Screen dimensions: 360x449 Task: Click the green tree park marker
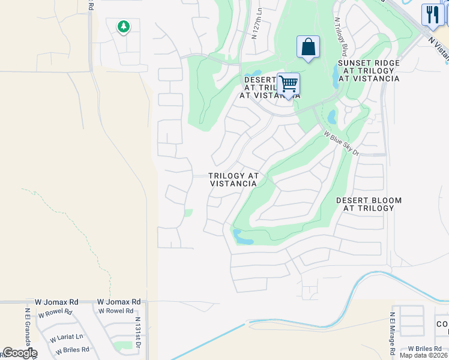pyautogui.click(x=123, y=27)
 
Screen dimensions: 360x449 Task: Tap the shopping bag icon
pyautogui.click(x=308, y=47)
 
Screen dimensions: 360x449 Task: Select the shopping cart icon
pyautogui.click(x=289, y=85)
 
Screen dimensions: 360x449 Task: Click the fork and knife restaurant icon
pyautogui.click(x=432, y=14)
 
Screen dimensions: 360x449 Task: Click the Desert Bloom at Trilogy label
pyautogui.click(x=369, y=204)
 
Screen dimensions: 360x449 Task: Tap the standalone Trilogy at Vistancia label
pyautogui.click(x=234, y=180)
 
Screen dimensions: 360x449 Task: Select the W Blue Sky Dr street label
pyautogui.click(x=341, y=143)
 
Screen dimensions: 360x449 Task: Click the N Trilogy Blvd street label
pyautogui.click(x=341, y=36)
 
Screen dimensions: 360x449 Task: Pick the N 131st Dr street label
pyautogui.click(x=138, y=334)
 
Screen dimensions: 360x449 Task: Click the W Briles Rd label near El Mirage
pyautogui.click(x=425, y=348)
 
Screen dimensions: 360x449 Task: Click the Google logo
pyautogui.click(x=19, y=353)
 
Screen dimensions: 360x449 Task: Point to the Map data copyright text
pyautogui.click(x=424, y=355)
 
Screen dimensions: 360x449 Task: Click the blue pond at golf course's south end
pyautogui.click(x=243, y=238)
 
